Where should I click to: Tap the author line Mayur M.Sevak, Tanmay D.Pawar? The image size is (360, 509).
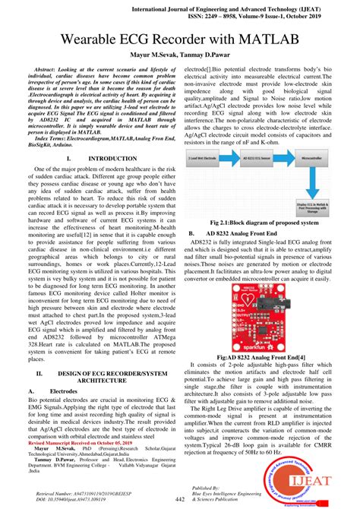click(179, 55)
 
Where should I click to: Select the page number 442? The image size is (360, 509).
click(180, 499)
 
